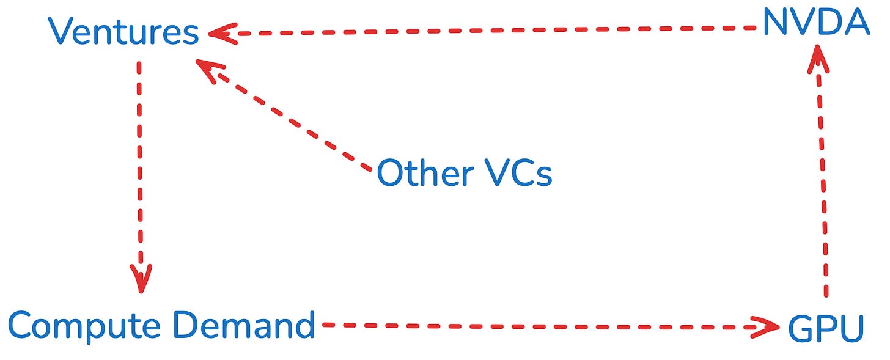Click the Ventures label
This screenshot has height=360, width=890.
pyautogui.click(x=125, y=32)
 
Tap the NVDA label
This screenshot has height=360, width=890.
pyautogui.click(x=816, y=24)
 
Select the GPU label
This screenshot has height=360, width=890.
pyautogui.click(x=826, y=328)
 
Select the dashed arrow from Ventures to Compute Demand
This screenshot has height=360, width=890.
pyautogui.click(x=140, y=171)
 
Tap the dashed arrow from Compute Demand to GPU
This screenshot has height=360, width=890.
pyautogui.click(x=544, y=326)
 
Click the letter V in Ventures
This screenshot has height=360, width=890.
pyautogui.click(x=61, y=32)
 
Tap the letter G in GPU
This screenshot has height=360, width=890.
pyautogui.click(x=798, y=328)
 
